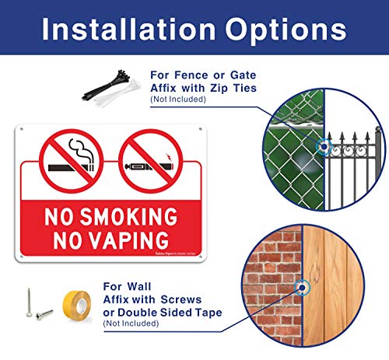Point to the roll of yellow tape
pyautogui.click(x=75, y=310)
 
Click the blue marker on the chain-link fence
pyautogui.click(x=321, y=145)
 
